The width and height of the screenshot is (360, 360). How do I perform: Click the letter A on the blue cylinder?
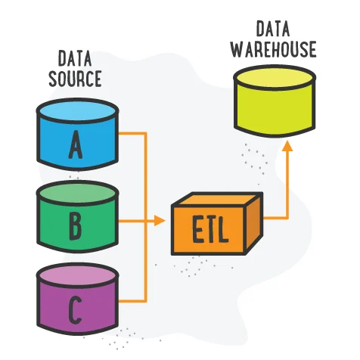tap(76, 146)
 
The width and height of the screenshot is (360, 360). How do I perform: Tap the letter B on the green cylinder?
tap(76, 224)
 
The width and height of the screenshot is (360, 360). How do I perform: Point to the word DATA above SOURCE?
tap(76, 57)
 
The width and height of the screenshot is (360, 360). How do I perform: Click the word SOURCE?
tap(76, 78)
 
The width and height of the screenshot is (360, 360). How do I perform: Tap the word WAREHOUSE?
tap(273, 49)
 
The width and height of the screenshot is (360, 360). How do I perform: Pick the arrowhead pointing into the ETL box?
tap(160, 221)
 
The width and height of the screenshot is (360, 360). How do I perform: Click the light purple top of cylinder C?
tap(76, 275)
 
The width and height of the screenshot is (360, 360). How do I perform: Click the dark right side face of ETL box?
tap(251, 223)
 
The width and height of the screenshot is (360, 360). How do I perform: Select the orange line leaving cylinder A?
tap(132, 133)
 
